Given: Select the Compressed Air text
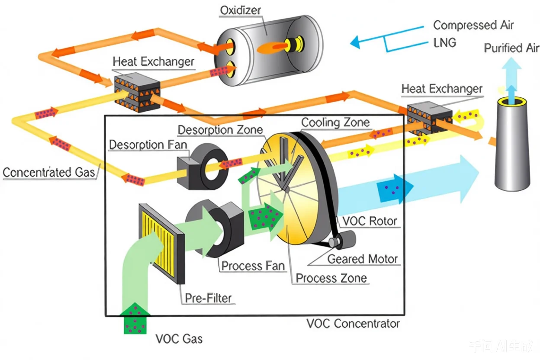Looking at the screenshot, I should (473, 25).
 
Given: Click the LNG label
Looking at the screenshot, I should (444, 43).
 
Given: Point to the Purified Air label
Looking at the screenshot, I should (511, 48).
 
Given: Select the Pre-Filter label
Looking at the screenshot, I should (208, 298).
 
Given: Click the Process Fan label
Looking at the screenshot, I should (253, 265).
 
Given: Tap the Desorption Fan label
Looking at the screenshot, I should (148, 145).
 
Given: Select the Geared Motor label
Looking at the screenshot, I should (363, 259).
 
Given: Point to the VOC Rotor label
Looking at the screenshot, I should (370, 221).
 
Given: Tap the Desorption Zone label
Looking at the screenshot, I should (220, 129).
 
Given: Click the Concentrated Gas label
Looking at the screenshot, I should (48, 172).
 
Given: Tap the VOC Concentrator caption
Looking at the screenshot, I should (353, 323).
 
